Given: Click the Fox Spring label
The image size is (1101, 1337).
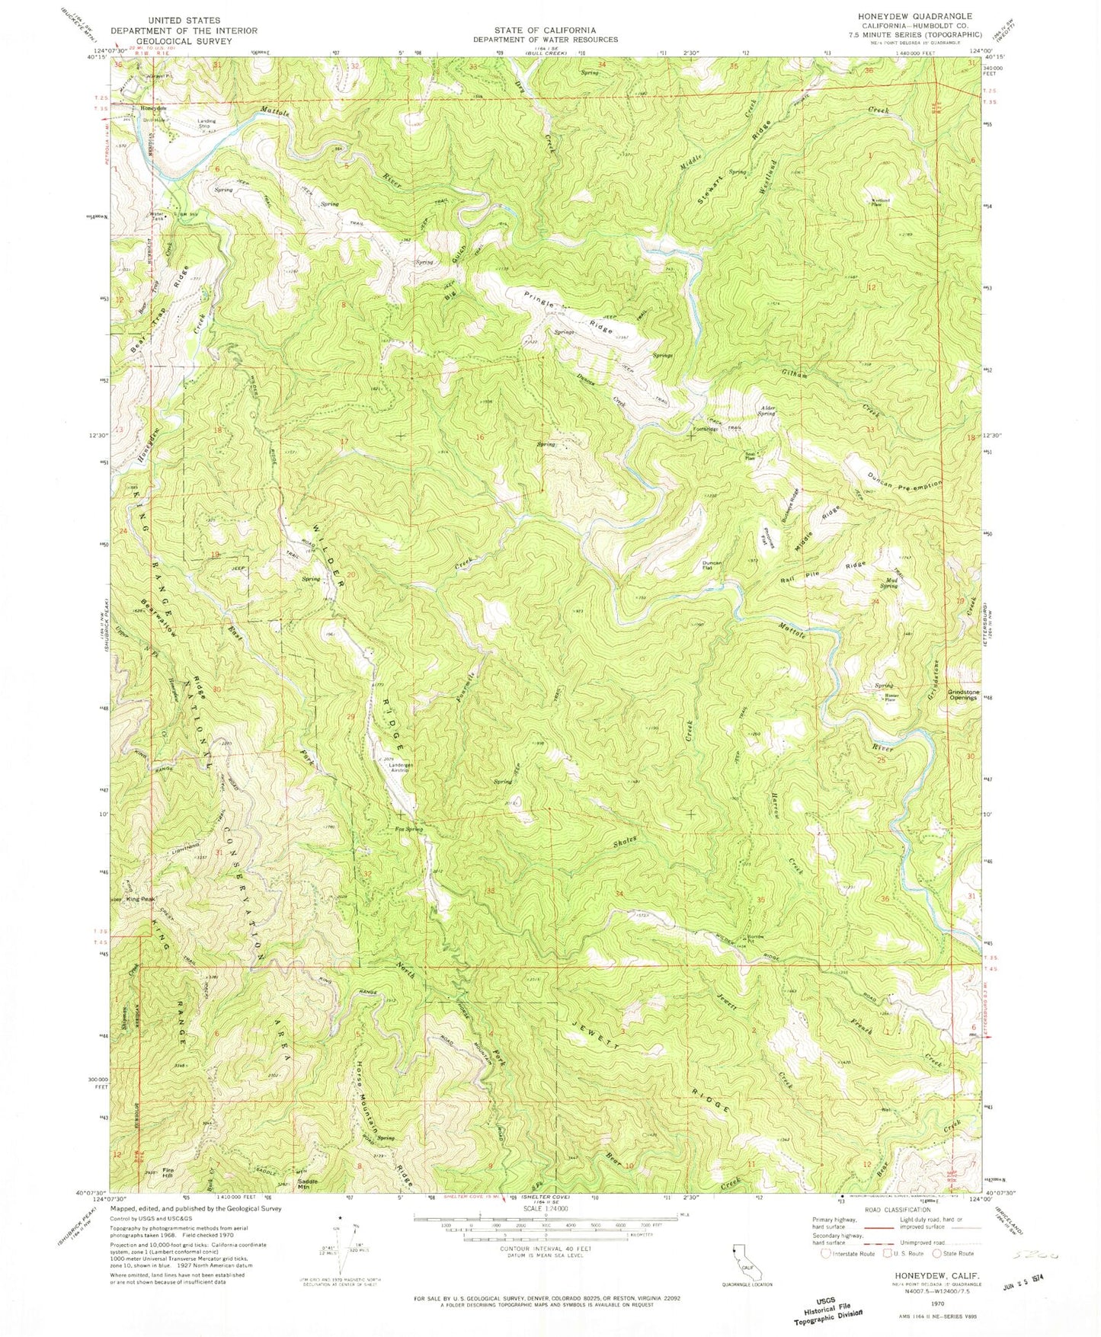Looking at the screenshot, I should tap(408, 829).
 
